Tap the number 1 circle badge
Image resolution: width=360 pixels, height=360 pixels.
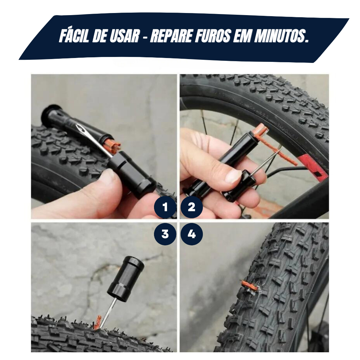click(165, 207)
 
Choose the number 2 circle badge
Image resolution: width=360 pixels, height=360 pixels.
click(192, 207)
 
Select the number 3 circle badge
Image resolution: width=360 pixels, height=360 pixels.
click(165, 234)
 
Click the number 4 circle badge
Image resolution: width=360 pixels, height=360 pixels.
click(192, 234)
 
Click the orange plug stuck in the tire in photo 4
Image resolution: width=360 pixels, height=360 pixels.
click(249, 285)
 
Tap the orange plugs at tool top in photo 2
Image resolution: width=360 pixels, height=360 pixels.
click(261, 130)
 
